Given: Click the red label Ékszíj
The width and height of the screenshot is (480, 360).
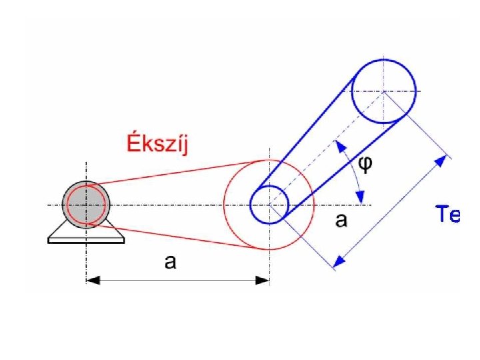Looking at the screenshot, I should (157, 144).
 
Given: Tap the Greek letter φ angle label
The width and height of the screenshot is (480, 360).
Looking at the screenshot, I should (366, 164).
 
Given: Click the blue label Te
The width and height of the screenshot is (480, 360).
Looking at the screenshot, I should (447, 215).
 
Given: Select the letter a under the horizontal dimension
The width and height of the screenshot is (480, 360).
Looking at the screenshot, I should (171, 262).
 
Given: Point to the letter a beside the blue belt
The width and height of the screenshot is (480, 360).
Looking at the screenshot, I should (341, 220).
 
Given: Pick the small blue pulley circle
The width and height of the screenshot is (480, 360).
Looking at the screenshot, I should (269, 205).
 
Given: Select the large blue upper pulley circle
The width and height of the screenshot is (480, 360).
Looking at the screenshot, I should (383, 91).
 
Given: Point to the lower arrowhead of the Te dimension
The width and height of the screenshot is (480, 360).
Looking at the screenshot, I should (339, 262).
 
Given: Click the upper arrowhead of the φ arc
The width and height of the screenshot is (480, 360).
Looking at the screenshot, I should (340, 145).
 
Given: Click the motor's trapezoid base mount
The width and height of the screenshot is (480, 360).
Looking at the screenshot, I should (86, 234).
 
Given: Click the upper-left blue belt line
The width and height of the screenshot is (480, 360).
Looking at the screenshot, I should (307, 127).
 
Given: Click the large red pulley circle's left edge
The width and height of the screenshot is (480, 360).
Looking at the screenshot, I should (224, 205).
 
